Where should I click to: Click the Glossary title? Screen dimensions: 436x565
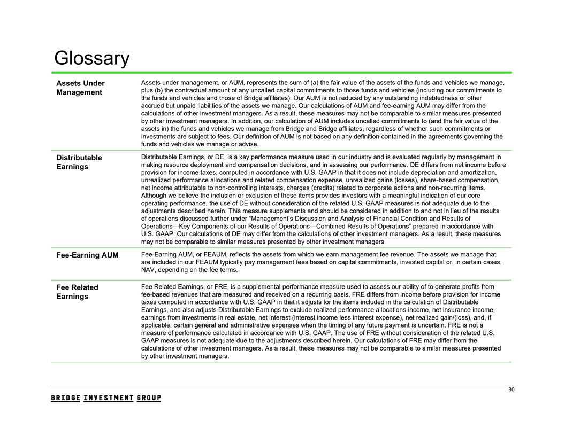(92, 59)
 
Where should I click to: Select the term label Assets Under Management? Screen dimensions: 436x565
(80, 88)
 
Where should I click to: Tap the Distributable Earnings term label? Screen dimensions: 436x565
(79, 162)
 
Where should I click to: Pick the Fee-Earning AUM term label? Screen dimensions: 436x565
(87, 255)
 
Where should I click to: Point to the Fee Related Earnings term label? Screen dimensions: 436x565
(78, 292)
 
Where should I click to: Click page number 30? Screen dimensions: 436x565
(511, 390)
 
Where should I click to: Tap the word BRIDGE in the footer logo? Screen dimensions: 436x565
(66, 398)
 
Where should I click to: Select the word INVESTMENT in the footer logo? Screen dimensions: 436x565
(109, 398)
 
